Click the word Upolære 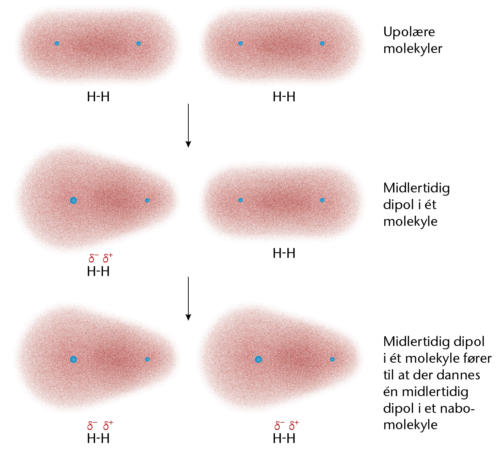[x=409, y=32]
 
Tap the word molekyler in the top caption [x=413, y=49]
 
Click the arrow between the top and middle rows [x=188, y=125]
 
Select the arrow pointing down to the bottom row [x=188, y=298]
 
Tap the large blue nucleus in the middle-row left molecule [x=73, y=200]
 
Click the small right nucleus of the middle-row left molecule [x=147, y=200]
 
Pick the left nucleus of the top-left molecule [x=57, y=44]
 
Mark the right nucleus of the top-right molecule [x=322, y=44]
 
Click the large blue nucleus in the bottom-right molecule [x=258, y=359]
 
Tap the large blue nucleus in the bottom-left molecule [x=73, y=359]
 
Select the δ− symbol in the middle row [x=93, y=258]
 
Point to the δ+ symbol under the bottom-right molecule [x=294, y=425]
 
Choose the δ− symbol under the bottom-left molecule [x=92, y=425]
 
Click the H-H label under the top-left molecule [x=98, y=97]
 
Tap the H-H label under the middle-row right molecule [x=284, y=253]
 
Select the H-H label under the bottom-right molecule [x=284, y=439]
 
